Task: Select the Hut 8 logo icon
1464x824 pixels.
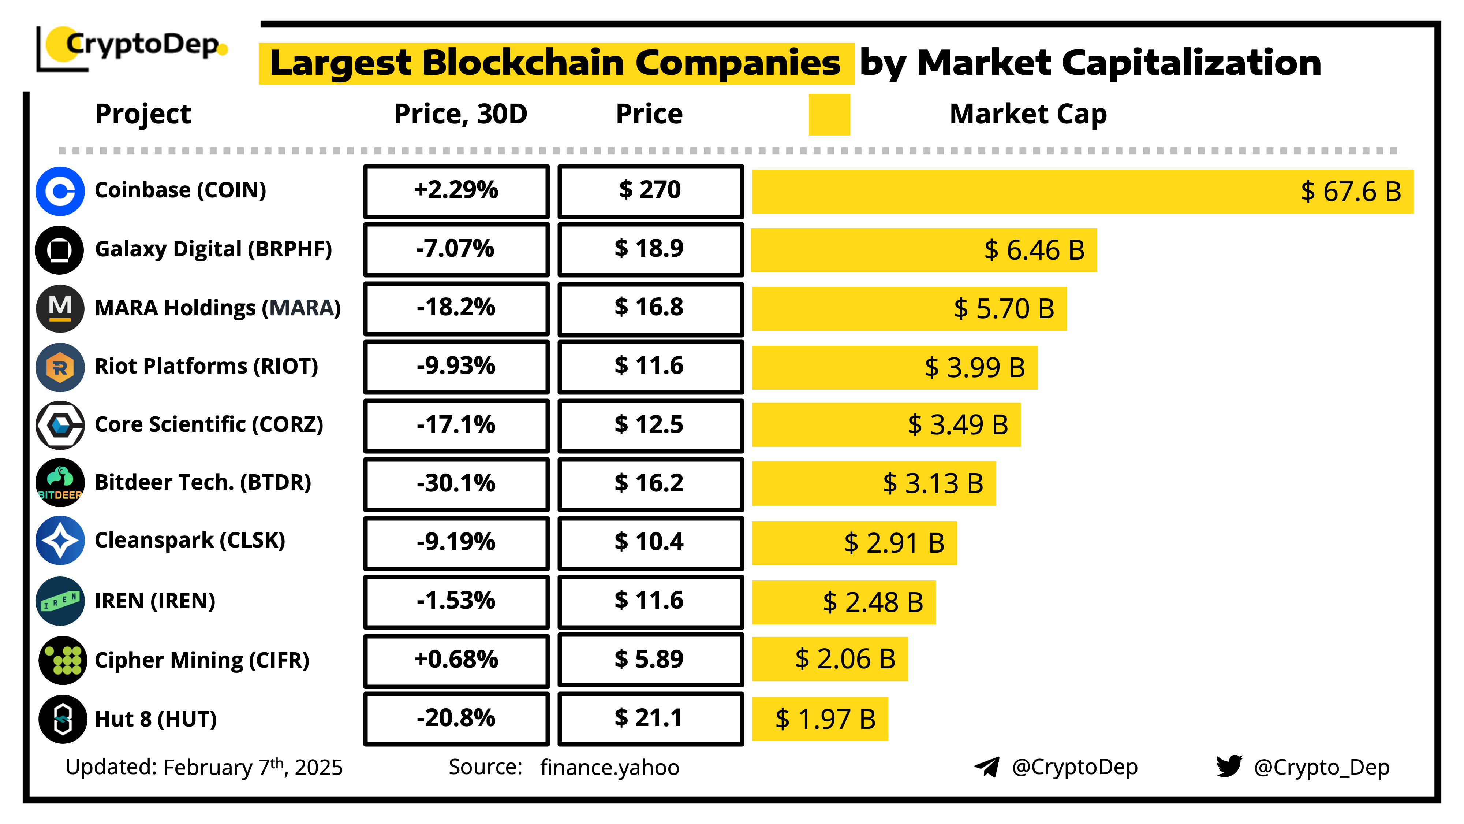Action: pyautogui.click(x=63, y=719)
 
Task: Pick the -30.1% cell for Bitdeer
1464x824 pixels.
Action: pyautogui.click(x=456, y=484)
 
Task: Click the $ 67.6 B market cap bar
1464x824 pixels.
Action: pyautogui.click(x=1082, y=192)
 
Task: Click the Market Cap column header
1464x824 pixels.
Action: pyautogui.click(x=1028, y=114)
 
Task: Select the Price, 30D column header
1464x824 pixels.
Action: pyautogui.click(x=460, y=114)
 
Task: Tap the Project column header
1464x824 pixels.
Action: pyautogui.click(x=143, y=114)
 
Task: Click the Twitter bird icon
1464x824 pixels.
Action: pyautogui.click(x=1229, y=767)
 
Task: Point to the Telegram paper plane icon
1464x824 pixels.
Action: pyautogui.click(x=987, y=767)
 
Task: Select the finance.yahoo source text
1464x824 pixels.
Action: pyautogui.click(x=609, y=768)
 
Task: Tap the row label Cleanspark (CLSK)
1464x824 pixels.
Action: pyautogui.click(x=190, y=540)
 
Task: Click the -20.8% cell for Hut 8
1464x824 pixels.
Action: pyautogui.click(x=456, y=718)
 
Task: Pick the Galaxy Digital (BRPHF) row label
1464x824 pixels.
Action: pyautogui.click(x=213, y=249)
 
